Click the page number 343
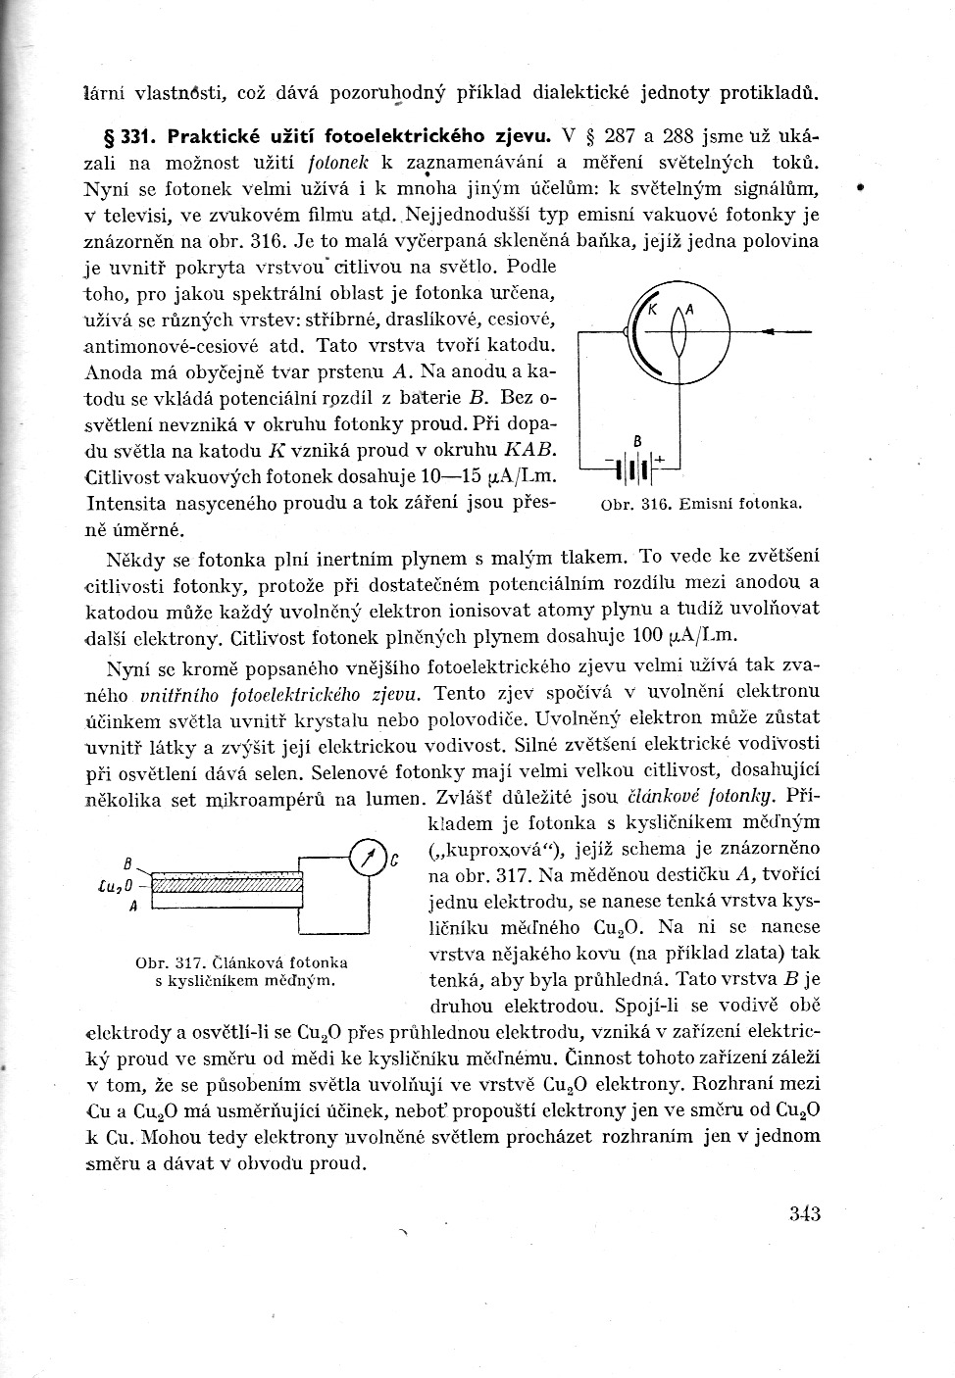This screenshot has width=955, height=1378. click(x=803, y=1213)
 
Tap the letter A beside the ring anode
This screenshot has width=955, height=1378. click(x=689, y=309)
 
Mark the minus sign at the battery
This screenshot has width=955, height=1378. click(x=609, y=461)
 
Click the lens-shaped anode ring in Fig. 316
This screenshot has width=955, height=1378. click(x=678, y=336)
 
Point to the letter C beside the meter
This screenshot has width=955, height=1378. click(x=393, y=861)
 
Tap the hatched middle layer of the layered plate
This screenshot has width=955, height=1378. click(x=226, y=887)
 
